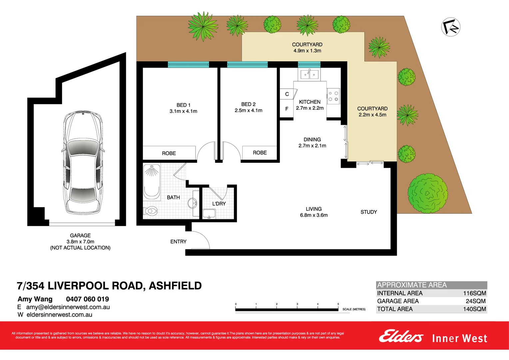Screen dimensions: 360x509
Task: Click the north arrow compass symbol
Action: tap(451, 27)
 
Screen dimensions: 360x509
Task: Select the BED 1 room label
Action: tap(184, 105)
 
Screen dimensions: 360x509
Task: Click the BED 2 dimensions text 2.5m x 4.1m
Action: tap(249, 111)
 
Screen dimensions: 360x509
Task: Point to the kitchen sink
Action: tap(309, 74)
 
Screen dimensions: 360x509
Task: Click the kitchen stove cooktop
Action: tap(333, 96)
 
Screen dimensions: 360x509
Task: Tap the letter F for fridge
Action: tap(286, 109)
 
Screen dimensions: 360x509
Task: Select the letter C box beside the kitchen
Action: tap(287, 94)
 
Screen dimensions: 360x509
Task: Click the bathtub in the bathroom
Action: tap(152, 182)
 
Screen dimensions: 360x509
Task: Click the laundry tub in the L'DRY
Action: tap(209, 214)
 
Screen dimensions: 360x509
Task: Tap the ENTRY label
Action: tap(178, 242)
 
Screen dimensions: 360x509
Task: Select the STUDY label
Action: tap(369, 212)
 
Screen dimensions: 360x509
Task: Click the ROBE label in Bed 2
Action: tap(259, 153)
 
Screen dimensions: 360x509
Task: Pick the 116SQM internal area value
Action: tap(474, 293)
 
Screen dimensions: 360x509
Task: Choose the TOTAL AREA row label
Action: tap(395, 309)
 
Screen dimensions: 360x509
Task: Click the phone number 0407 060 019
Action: tap(87, 299)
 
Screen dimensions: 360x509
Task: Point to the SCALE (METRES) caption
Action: tap(354, 309)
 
